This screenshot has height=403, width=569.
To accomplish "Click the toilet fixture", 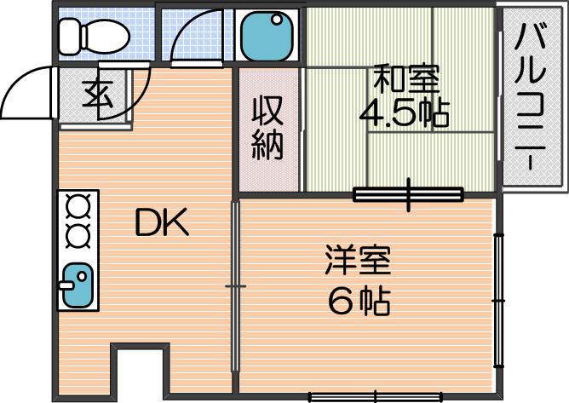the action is (x=94, y=37).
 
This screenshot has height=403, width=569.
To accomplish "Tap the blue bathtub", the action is (x=267, y=36).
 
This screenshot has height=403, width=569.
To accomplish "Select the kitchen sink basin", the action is (x=78, y=285).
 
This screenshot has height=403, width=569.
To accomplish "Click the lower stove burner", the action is (x=78, y=236).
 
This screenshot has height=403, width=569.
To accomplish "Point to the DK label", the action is (x=162, y=222).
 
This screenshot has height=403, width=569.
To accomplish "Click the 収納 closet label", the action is (x=267, y=129).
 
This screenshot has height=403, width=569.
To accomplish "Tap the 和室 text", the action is (x=406, y=78).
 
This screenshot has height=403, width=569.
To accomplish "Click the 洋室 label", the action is (x=358, y=260).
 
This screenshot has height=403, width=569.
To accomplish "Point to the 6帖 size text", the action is (x=359, y=301).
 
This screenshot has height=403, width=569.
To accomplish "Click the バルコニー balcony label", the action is (x=531, y=97).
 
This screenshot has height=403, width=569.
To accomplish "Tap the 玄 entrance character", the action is (x=97, y=94).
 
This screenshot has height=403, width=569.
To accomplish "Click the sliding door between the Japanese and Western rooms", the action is (x=409, y=194).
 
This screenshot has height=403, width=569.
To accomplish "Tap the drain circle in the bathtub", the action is (x=277, y=19).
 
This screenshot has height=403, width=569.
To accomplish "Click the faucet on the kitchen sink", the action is (x=66, y=285).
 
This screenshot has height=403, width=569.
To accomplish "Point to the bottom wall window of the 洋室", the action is (x=376, y=397).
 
